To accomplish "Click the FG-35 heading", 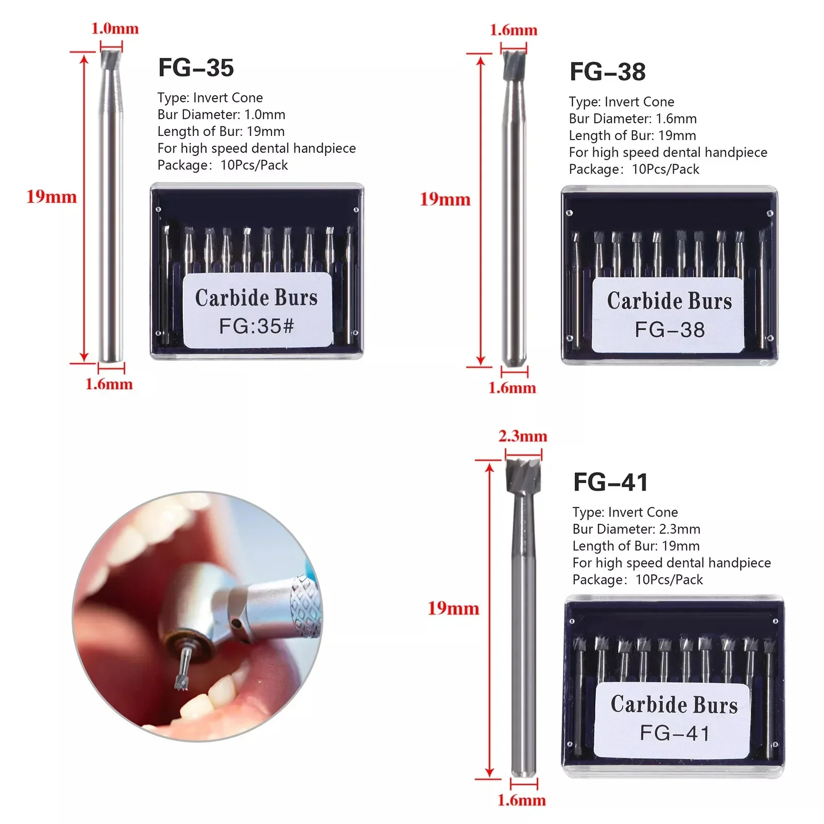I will (x=196, y=68).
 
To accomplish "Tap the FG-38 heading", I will (x=607, y=72).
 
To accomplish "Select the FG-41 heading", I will (x=610, y=482).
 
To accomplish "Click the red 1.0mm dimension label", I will (x=115, y=28).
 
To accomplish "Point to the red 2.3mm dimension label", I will (x=523, y=436).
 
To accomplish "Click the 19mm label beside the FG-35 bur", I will (x=51, y=197).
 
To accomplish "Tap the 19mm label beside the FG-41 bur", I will (x=453, y=608).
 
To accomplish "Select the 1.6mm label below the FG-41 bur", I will (x=522, y=800).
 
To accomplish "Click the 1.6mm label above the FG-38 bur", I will (x=513, y=30).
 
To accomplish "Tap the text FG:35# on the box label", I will (x=256, y=325).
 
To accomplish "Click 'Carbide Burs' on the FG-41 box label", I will (x=674, y=705).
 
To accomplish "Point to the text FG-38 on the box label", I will (x=669, y=330).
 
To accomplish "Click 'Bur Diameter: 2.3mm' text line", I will (x=636, y=529).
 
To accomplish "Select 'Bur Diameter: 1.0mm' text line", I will (x=221, y=114).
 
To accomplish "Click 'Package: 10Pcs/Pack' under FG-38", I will (x=634, y=169).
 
